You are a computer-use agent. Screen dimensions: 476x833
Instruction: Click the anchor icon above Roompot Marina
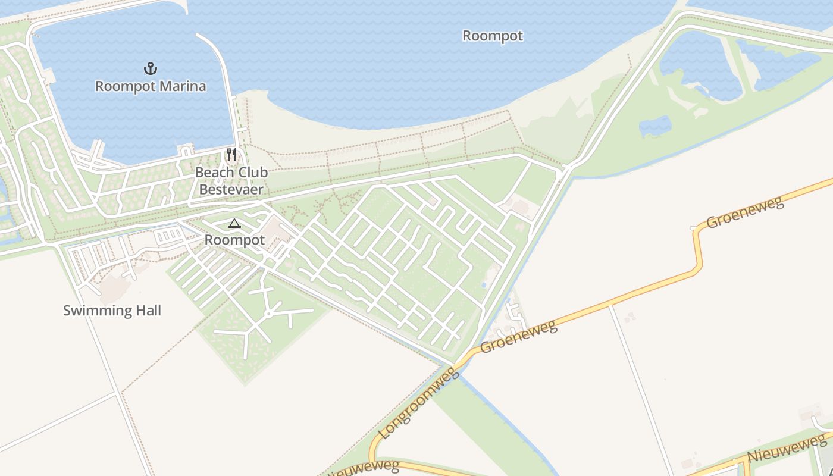point(151,68)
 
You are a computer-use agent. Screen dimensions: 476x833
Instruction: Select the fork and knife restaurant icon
point(231,155)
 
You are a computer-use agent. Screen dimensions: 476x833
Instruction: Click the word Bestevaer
point(231,190)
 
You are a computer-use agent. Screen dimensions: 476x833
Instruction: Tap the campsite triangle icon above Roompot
point(234,224)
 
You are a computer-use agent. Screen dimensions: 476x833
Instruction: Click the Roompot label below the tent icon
point(234,240)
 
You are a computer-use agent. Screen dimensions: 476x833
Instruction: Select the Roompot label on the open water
point(493,36)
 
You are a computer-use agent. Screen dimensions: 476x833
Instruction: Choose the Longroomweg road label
point(419,404)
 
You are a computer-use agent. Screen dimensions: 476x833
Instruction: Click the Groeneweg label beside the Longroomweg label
point(518,337)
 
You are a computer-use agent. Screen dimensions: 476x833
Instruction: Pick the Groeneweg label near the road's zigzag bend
point(745,212)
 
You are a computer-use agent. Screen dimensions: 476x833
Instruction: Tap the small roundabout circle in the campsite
point(269,314)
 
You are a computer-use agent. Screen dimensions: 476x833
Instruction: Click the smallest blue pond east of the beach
point(655,126)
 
